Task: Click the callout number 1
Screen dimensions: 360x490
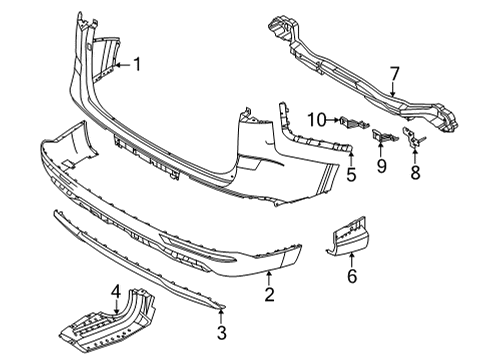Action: tap(139, 66)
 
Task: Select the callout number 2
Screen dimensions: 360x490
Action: tap(269, 293)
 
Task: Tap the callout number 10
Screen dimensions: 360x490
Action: tap(317, 121)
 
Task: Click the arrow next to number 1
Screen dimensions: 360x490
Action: tap(122, 66)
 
